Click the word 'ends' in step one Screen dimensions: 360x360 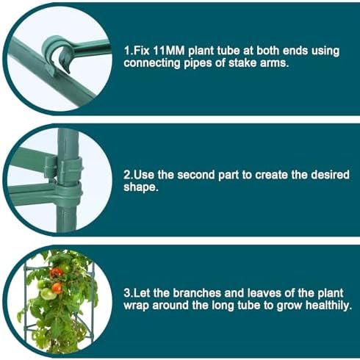(x=295, y=51)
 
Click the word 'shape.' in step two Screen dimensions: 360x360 (x=141, y=187)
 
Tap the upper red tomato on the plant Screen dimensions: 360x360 (x=56, y=273)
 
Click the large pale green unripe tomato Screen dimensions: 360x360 (x=47, y=294)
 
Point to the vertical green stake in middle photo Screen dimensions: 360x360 (x=68, y=180)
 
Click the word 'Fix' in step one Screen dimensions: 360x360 (x=142, y=51)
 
